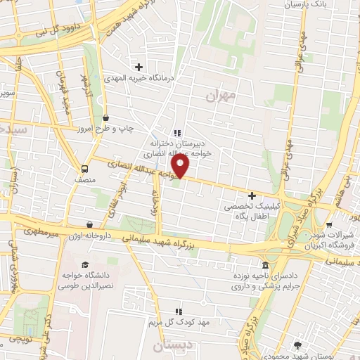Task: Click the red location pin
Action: click(x=181, y=166)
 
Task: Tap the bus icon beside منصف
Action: click(x=85, y=169)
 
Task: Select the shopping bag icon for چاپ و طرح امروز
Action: click(x=105, y=117)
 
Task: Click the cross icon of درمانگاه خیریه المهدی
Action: click(x=139, y=67)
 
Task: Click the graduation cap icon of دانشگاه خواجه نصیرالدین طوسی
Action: click(x=85, y=266)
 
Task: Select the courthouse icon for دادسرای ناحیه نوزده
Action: click(x=264, y=266)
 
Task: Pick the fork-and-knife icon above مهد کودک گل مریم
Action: click(x=178, y=310)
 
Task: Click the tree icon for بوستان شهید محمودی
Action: click(x=299, y=345)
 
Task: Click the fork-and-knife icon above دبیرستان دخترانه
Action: click(x=177, y=133)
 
